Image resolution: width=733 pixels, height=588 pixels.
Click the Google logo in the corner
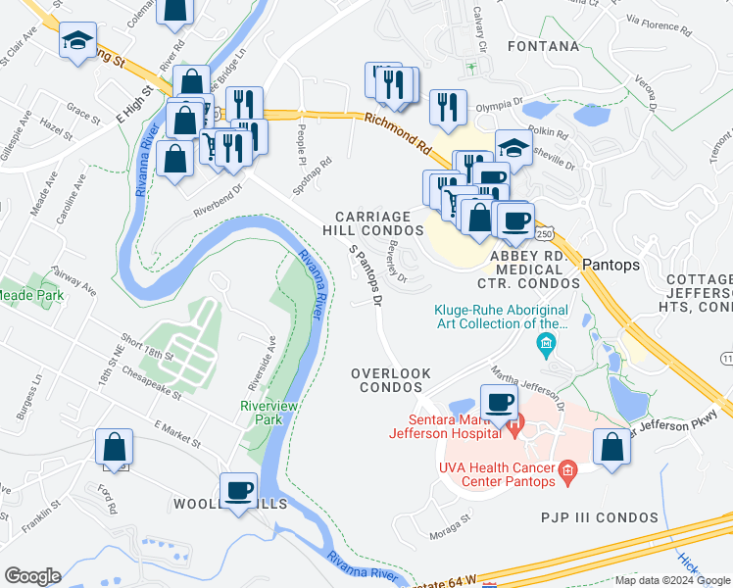point(32,575)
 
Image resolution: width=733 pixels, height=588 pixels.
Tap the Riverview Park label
point(262,413)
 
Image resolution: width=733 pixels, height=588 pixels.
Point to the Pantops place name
point(611,266)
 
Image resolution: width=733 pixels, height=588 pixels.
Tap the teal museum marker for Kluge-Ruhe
point(545,343)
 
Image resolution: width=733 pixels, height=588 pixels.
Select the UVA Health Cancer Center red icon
point(567,475)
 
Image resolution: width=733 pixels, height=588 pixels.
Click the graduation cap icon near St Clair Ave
point(75,41)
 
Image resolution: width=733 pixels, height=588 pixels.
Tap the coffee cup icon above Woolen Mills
point(238,488)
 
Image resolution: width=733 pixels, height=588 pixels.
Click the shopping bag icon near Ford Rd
point(114,446)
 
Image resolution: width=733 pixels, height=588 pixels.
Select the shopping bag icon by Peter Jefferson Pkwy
point(611,446)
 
